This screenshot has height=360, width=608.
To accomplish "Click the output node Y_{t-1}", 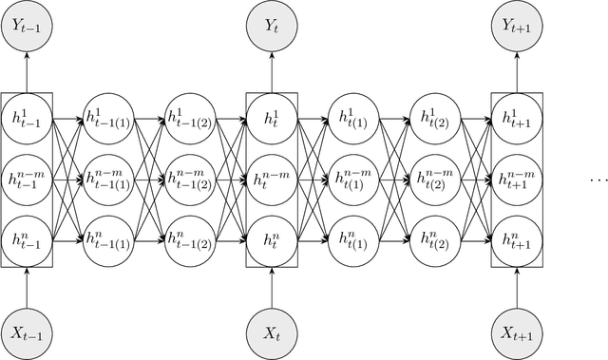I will click(x=27, y=25).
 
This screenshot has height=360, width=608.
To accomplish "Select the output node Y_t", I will click(x=272, y=25).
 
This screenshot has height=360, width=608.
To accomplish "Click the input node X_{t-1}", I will click(x=27, y=333).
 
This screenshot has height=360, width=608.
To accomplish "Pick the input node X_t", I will click(x=272, y=333).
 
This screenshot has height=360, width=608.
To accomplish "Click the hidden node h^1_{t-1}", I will click(x=27, y=120).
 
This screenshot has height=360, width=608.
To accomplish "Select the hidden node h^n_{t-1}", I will click(x=27, y=236).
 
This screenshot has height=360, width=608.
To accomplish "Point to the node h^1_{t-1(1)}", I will click(x=108, y=120).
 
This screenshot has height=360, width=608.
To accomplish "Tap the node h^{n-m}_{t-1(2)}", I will click(x=190, y=178).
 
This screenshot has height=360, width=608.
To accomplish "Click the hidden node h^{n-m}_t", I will click(x=272, y=178).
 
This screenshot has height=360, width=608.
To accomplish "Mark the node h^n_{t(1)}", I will click(x=353, y=236).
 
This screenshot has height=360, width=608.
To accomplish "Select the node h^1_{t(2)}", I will click(x=435, y=120).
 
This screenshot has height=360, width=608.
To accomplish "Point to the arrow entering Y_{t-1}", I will click(x=27, y=71).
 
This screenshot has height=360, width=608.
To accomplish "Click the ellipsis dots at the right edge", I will click(x=598, y=179).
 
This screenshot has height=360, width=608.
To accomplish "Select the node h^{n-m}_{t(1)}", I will click(x=353, y=178).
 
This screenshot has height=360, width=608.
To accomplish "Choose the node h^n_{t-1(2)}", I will click(x=190, y=236).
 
